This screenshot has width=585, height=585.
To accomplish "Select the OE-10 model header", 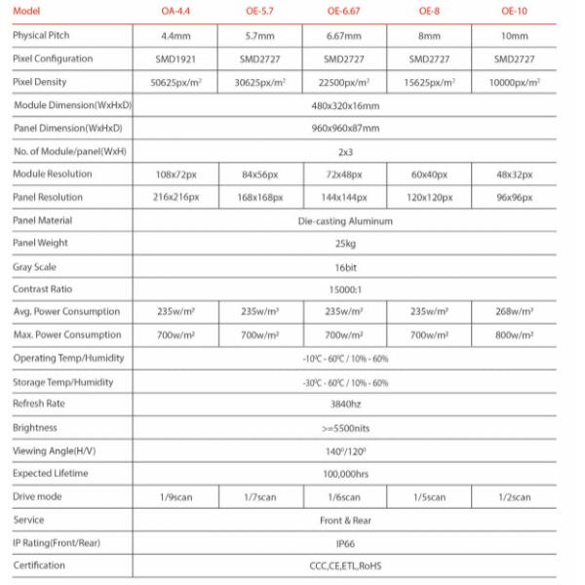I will (x=514, y=12).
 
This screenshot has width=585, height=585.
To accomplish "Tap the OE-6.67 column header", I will (x=344, y=12).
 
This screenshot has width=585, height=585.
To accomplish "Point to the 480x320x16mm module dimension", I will (x=344, y=104).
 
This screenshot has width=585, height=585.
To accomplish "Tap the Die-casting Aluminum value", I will (x=344, y=220).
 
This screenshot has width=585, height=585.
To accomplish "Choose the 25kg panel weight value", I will (x=344, y=243).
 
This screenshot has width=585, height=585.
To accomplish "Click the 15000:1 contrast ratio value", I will (x=344, y=289).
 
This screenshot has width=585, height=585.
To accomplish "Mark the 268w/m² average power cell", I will (x=514, y=312).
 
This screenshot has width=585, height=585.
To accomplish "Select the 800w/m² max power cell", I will (x=514, y=335).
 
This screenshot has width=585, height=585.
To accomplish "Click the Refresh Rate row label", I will (x=39, y=404).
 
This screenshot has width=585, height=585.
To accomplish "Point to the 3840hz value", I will (x=344, y=404).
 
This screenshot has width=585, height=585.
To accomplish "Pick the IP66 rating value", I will (x=344, y=543).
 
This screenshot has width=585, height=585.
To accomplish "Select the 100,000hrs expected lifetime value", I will (x=344, y=473).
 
